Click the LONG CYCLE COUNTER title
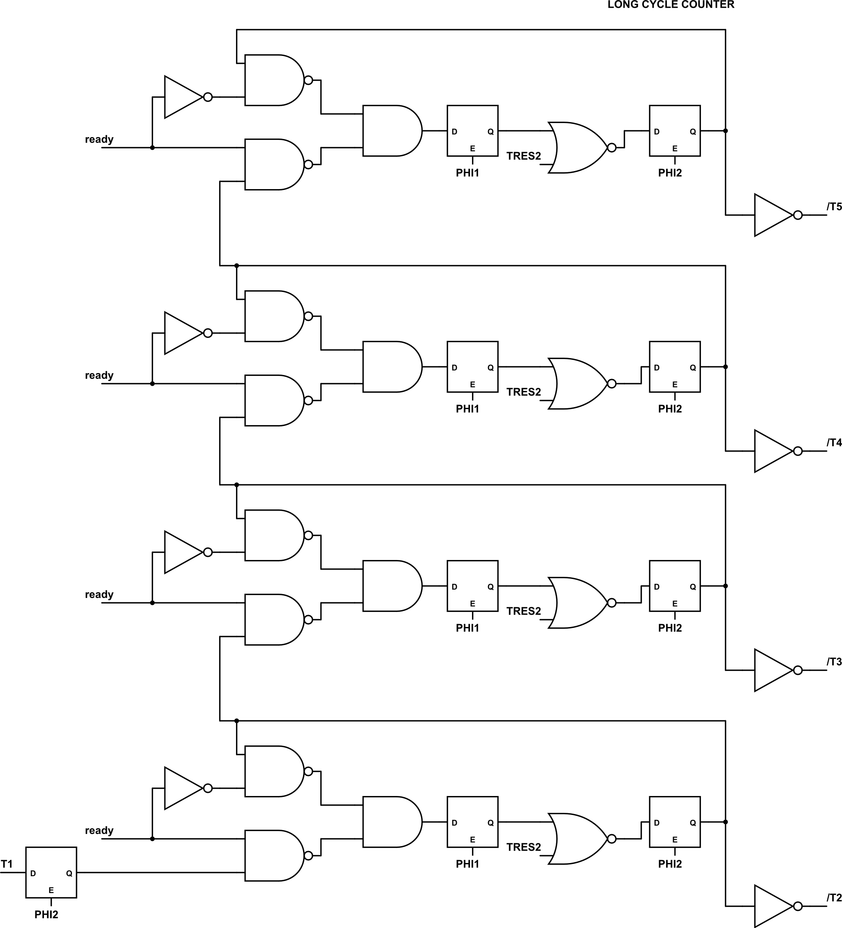671,5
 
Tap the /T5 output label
834,207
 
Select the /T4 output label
834,443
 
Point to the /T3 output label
834,662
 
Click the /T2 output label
834,898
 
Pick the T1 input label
7,864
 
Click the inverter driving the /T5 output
773,215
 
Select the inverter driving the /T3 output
773,670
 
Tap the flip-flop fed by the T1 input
51,872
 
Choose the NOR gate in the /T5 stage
578,148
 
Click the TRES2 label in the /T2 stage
523,847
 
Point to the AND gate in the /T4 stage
391,367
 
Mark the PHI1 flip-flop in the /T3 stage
472,586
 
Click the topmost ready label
99,139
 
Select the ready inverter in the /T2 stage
184,788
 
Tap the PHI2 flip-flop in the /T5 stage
675,131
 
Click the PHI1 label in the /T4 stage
467,409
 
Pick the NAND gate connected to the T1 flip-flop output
274,856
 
